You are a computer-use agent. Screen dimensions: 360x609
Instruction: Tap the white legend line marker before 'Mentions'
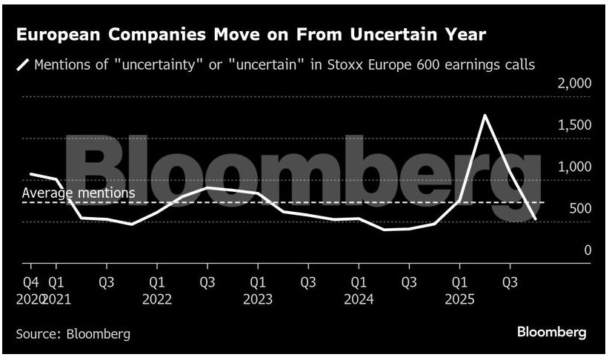point(23,65)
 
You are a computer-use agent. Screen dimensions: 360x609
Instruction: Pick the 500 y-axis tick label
point(581,208)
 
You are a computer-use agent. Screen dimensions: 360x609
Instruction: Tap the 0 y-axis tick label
point(588,250)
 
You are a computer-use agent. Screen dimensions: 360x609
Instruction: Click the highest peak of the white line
point(484,116)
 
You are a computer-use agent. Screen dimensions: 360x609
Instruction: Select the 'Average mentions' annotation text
point(79,193)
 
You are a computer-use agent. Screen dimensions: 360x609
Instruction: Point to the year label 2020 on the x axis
point(30,299)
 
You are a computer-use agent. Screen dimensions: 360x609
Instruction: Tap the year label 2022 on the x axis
point(156,299)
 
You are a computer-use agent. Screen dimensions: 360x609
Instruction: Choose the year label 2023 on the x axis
point(257,299)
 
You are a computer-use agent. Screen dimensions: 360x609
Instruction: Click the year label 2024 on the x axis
point(358,299)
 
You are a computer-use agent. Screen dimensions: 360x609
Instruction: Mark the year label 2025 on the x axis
point(459,299)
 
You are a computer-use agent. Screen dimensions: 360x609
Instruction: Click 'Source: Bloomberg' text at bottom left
point(73,334)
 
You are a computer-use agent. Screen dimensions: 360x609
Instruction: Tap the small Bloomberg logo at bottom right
point(551,332)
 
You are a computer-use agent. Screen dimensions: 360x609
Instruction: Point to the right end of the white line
point(536,219)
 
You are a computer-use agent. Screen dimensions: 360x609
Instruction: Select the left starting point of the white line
point(30,174)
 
